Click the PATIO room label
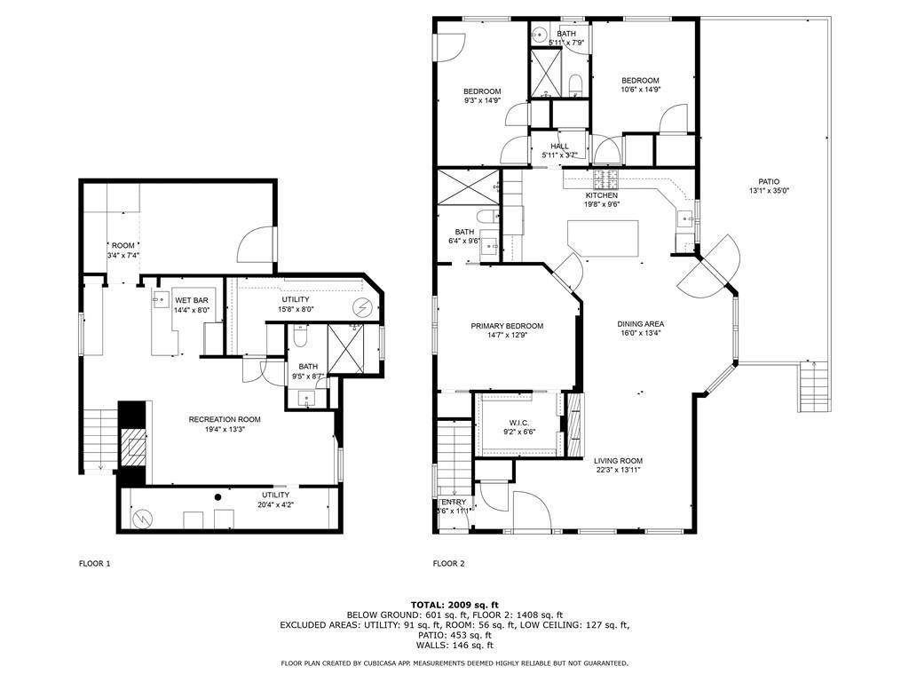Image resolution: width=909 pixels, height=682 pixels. (769, 181)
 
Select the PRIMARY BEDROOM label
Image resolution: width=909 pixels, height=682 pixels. (507, 326)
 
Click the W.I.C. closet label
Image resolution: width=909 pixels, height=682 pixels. (518, 422)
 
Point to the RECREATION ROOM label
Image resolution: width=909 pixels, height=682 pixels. (224, 419)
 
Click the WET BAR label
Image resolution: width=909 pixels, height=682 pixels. (191, 300)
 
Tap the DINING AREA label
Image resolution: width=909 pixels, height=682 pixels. (641, 324)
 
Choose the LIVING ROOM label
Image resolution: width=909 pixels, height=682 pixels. (618, 460)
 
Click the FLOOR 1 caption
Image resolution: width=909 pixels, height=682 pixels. (95, 563)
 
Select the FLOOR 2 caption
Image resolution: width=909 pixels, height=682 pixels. (448, 563)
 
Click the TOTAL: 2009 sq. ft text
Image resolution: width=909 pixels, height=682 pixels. (454, 604)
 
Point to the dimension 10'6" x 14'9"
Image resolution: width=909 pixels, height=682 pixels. (640, 90)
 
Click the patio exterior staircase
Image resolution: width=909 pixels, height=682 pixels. (812, 389)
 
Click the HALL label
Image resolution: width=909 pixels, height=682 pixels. (559, 147)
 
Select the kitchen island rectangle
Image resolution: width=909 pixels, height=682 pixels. (603, 238)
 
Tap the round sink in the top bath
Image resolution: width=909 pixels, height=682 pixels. (540, 36)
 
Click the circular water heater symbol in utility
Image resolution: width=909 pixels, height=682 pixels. (363, 307)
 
